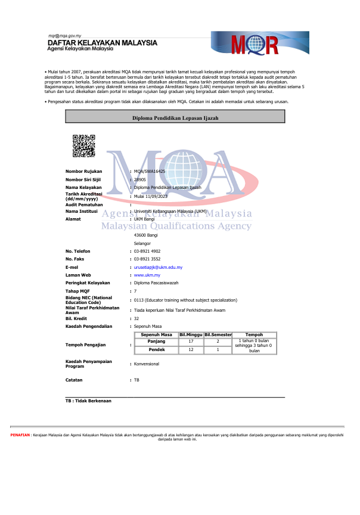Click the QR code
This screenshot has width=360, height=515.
tap(83, 147)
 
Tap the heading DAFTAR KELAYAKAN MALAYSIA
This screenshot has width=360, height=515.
tap(102, 44)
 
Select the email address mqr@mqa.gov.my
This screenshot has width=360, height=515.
tap(64, 36)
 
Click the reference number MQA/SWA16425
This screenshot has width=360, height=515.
tap(149, 172)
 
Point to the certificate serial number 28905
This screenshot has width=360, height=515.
tap(140, 179)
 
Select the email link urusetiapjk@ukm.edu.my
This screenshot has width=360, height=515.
tap(158, 268)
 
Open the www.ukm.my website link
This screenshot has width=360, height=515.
tap(147, 275)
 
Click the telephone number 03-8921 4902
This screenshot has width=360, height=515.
tap(147, 252)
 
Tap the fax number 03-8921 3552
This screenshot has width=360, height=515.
tap(147, 260)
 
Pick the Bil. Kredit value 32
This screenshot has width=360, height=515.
tap(136, 319)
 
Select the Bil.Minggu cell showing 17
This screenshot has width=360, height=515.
tap(191, 341)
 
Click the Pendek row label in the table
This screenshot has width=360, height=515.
tap(156, 350)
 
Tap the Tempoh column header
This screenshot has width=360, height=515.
tap(254, 335)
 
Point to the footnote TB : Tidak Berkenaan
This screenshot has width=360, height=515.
tap(88, 401)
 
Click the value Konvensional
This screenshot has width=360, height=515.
tap(147, 364)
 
